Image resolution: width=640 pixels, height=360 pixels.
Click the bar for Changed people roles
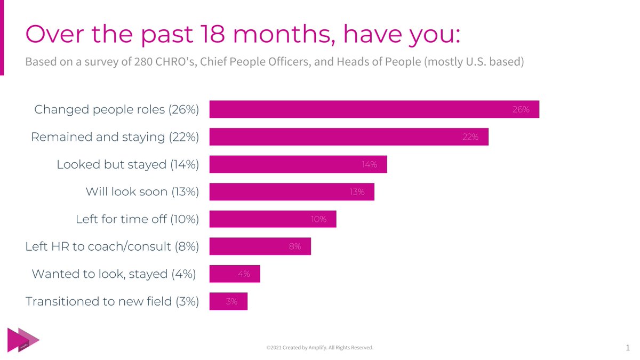tap(374, 109)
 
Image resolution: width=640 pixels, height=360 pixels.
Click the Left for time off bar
tap(273, 219)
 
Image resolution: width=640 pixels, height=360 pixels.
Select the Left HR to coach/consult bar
tap(260, 246)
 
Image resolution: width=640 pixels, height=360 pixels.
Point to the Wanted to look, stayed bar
tap(235, 274)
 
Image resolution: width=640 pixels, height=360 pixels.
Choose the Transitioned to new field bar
tap(228, 301)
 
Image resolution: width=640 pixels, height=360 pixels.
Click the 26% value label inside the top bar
tap(521, 109)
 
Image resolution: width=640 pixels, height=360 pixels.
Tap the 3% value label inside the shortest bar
tap(231, 301)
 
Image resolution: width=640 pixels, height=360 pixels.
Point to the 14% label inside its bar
tap(369, 164)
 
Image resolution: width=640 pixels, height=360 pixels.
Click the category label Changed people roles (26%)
tap(116, 109)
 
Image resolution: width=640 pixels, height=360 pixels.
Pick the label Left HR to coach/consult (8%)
tap(112, 246)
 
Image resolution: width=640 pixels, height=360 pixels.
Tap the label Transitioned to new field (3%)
tap(112, 301)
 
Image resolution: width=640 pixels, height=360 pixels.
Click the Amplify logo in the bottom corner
tap(23, 340)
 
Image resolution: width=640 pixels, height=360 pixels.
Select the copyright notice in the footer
tap(320, 348)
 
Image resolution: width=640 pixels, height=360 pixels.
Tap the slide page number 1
tap(627, 348)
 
